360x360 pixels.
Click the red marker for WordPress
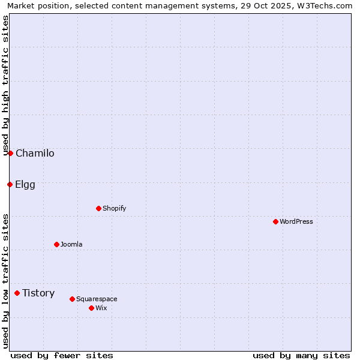pos(275,221)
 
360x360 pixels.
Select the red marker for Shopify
pos(98,208)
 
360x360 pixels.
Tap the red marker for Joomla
pos(56,244)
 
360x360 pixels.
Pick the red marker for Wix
pos(91,308)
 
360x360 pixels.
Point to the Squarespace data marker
pos(72,299)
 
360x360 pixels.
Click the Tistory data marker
pos(17,293)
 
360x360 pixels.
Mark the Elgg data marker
pos(10,184)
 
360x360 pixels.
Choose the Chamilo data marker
pos(10,153)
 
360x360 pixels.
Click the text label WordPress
pos(296,221)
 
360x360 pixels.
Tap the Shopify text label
pos(114,208)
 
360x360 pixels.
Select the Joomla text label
pos(71,244)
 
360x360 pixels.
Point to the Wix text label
pos(101,308)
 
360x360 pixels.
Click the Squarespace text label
pos(97,299)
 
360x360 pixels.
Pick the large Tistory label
pos(38,293)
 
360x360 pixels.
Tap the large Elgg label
pos(25,184)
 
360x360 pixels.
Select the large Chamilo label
pos(35,153)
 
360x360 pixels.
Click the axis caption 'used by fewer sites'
pos(62,355)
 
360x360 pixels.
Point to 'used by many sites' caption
pos(301,355)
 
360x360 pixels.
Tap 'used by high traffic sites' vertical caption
pos(5,86)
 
